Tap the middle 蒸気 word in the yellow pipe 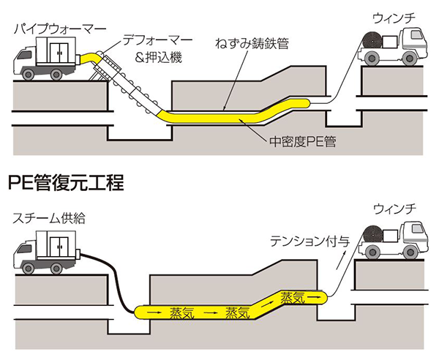coord(239,312)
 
